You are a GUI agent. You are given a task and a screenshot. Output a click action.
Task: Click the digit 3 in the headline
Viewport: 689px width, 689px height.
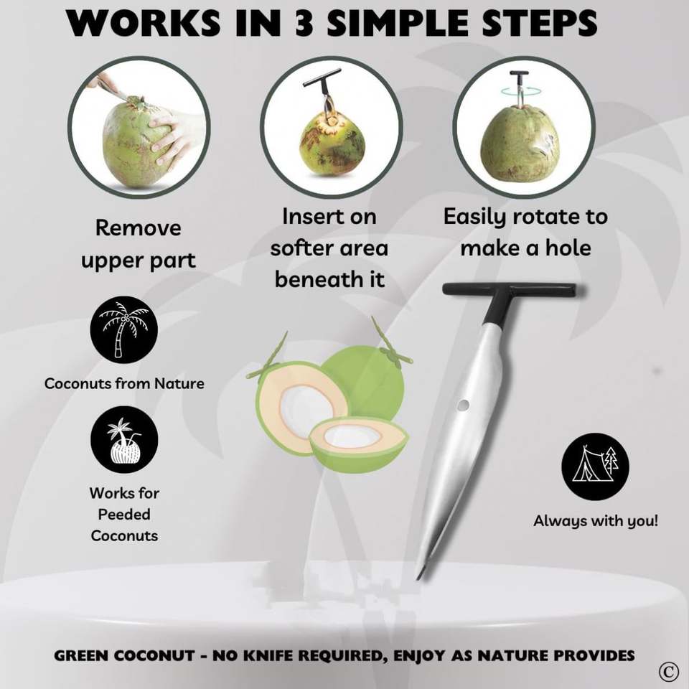click(304, 22)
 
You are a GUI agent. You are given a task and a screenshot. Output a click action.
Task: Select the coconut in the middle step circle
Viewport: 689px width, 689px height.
click(332, 144)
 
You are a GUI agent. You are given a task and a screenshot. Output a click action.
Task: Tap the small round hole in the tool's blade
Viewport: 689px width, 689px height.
click(463, 405)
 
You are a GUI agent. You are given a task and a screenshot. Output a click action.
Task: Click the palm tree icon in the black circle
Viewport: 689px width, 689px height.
click(124, 329)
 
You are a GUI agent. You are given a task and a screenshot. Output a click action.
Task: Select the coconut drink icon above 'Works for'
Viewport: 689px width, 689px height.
click(124, 440)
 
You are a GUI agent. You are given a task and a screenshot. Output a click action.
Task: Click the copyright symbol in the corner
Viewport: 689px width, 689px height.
click(668, 671)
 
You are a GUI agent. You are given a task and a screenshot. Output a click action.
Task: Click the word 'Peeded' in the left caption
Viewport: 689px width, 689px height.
click(124, 514)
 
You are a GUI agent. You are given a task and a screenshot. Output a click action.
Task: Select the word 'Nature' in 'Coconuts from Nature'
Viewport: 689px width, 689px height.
click(179, 383)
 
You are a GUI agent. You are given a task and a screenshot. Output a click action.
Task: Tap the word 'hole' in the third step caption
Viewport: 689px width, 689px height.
click(568, 248)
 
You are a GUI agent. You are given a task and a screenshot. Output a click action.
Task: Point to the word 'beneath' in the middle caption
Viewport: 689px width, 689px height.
click(309, 279)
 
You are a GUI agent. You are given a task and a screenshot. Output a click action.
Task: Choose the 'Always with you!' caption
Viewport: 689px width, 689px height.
click(596, 521)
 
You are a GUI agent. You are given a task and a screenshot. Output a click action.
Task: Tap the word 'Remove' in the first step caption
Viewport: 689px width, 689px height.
click(138, 228)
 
